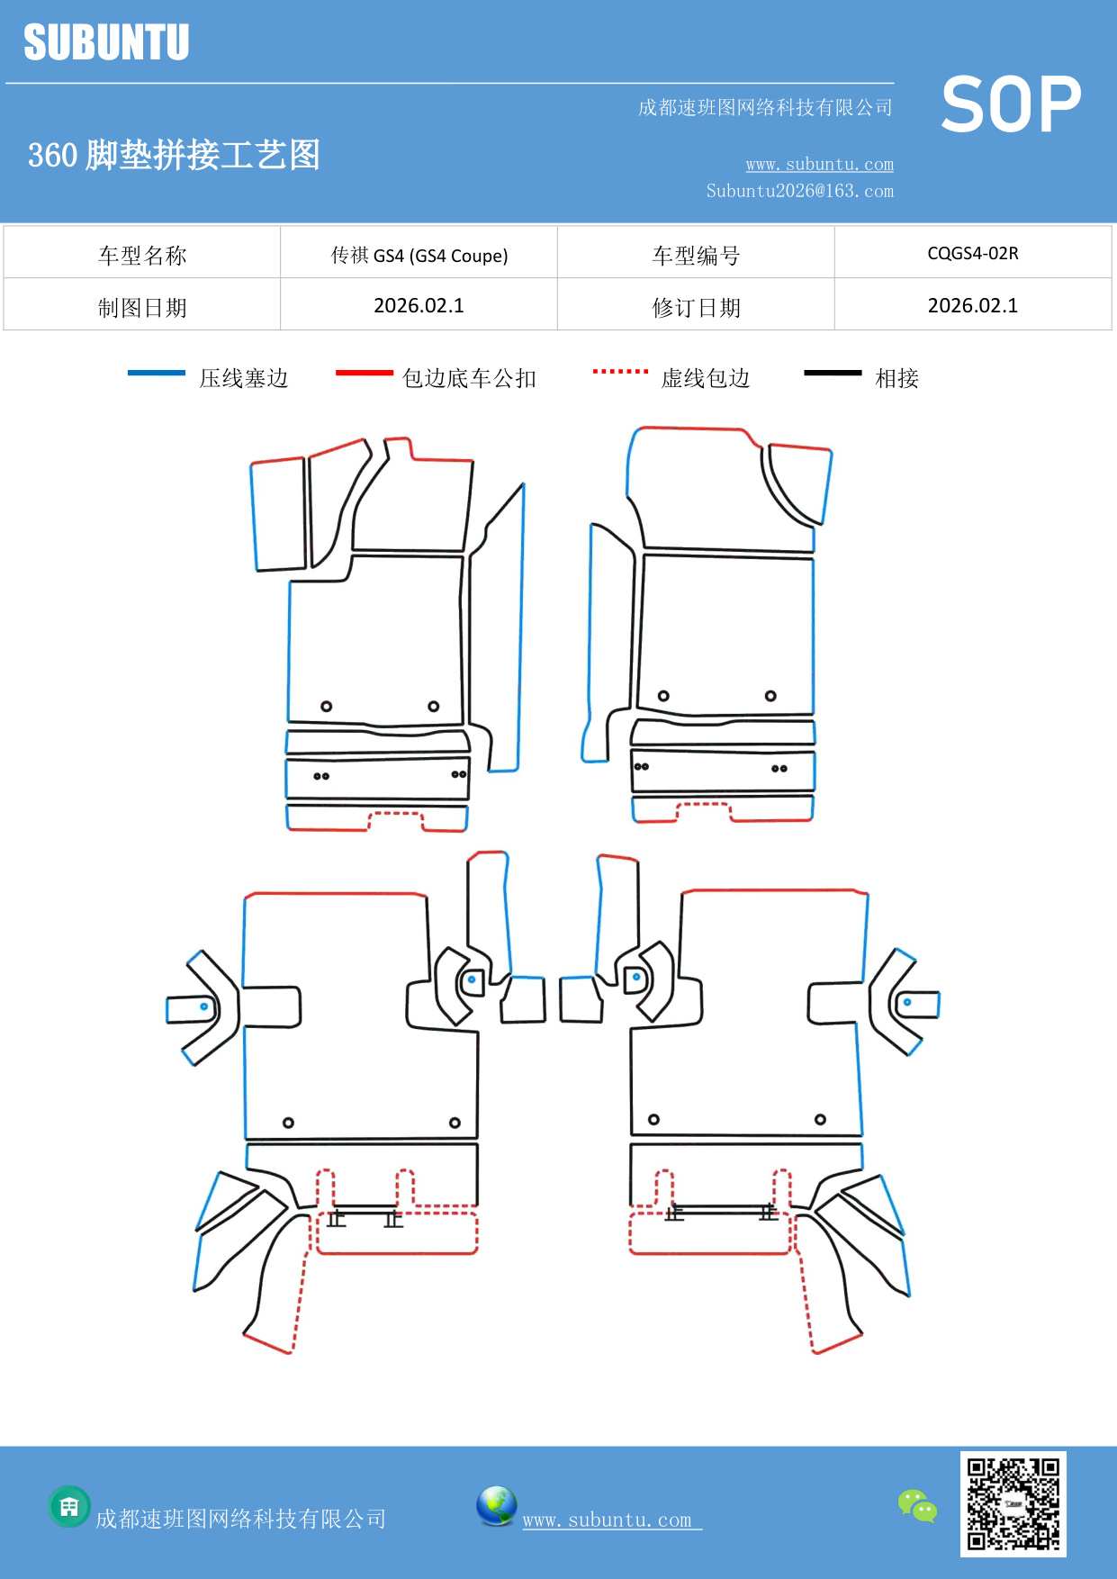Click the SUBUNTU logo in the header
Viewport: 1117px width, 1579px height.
[106, 42]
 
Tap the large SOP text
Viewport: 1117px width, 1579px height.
[1011, 105]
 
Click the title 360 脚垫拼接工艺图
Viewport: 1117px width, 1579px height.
[174, 155]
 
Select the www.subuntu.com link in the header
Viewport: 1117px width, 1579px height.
[819, 164]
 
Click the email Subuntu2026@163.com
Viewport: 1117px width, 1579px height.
[799, 191]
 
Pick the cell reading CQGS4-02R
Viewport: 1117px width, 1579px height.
[972, 253]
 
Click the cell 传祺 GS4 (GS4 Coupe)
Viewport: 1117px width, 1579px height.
[419, 256]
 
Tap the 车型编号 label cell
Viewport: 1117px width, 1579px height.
[696, 256]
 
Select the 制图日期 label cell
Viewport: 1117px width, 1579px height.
[142, 307]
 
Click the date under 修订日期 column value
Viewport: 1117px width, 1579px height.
[972, 306]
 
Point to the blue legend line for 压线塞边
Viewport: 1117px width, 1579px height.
[157, 373]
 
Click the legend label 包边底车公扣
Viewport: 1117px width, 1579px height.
[469, 378]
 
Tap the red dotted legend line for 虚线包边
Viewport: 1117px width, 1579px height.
[620, 371]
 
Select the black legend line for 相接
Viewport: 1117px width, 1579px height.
[833, 373]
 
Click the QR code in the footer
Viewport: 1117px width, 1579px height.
[1013, 1503]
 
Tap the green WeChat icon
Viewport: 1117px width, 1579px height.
[917, 1505]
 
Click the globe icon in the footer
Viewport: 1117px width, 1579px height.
[496, 1506]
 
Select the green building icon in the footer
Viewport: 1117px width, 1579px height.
[69, 1506]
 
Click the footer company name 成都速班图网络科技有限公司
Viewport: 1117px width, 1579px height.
[240, 1519]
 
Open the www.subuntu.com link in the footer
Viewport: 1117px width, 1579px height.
[608, 1520]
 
